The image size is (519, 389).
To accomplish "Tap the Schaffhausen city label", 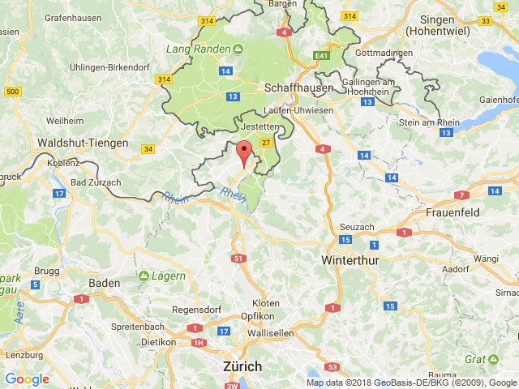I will pos(294,87).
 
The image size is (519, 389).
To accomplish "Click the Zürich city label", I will pos(242,366).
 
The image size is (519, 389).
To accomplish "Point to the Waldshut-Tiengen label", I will pos(83,143).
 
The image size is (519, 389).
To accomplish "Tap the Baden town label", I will pos(104,283).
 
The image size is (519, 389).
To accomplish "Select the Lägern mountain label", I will pos(168,276).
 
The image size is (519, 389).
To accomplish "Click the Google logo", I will pos(27,379).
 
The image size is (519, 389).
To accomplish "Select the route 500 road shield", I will pos(11,92).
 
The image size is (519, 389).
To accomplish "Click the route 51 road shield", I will pos(238,258).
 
